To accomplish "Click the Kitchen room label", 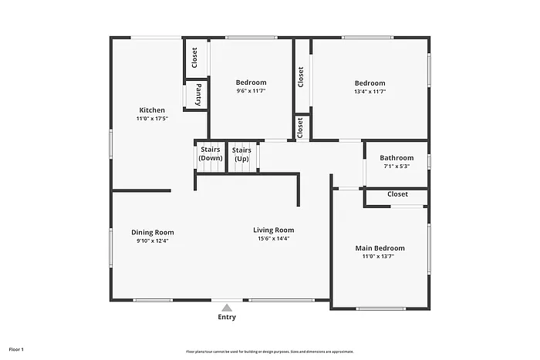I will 151,109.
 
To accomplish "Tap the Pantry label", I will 198,95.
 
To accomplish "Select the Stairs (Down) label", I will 210,153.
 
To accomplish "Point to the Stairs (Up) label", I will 241,153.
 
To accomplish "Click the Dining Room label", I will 152,232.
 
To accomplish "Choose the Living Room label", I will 274,230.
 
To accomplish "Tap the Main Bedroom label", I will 380,248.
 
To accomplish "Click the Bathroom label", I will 396,158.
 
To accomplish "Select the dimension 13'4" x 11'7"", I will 370,92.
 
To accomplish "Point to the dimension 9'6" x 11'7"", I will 251,92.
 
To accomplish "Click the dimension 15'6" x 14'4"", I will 274,238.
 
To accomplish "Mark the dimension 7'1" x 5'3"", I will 396,166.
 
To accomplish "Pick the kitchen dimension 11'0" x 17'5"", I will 151,118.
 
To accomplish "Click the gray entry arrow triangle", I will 227,306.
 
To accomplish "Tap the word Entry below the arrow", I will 227,317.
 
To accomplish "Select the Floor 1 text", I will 16,350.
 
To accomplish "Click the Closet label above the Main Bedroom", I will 397,194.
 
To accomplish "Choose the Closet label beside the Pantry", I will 194,56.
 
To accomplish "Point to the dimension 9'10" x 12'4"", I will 152,241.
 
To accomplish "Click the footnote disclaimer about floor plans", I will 270,352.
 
